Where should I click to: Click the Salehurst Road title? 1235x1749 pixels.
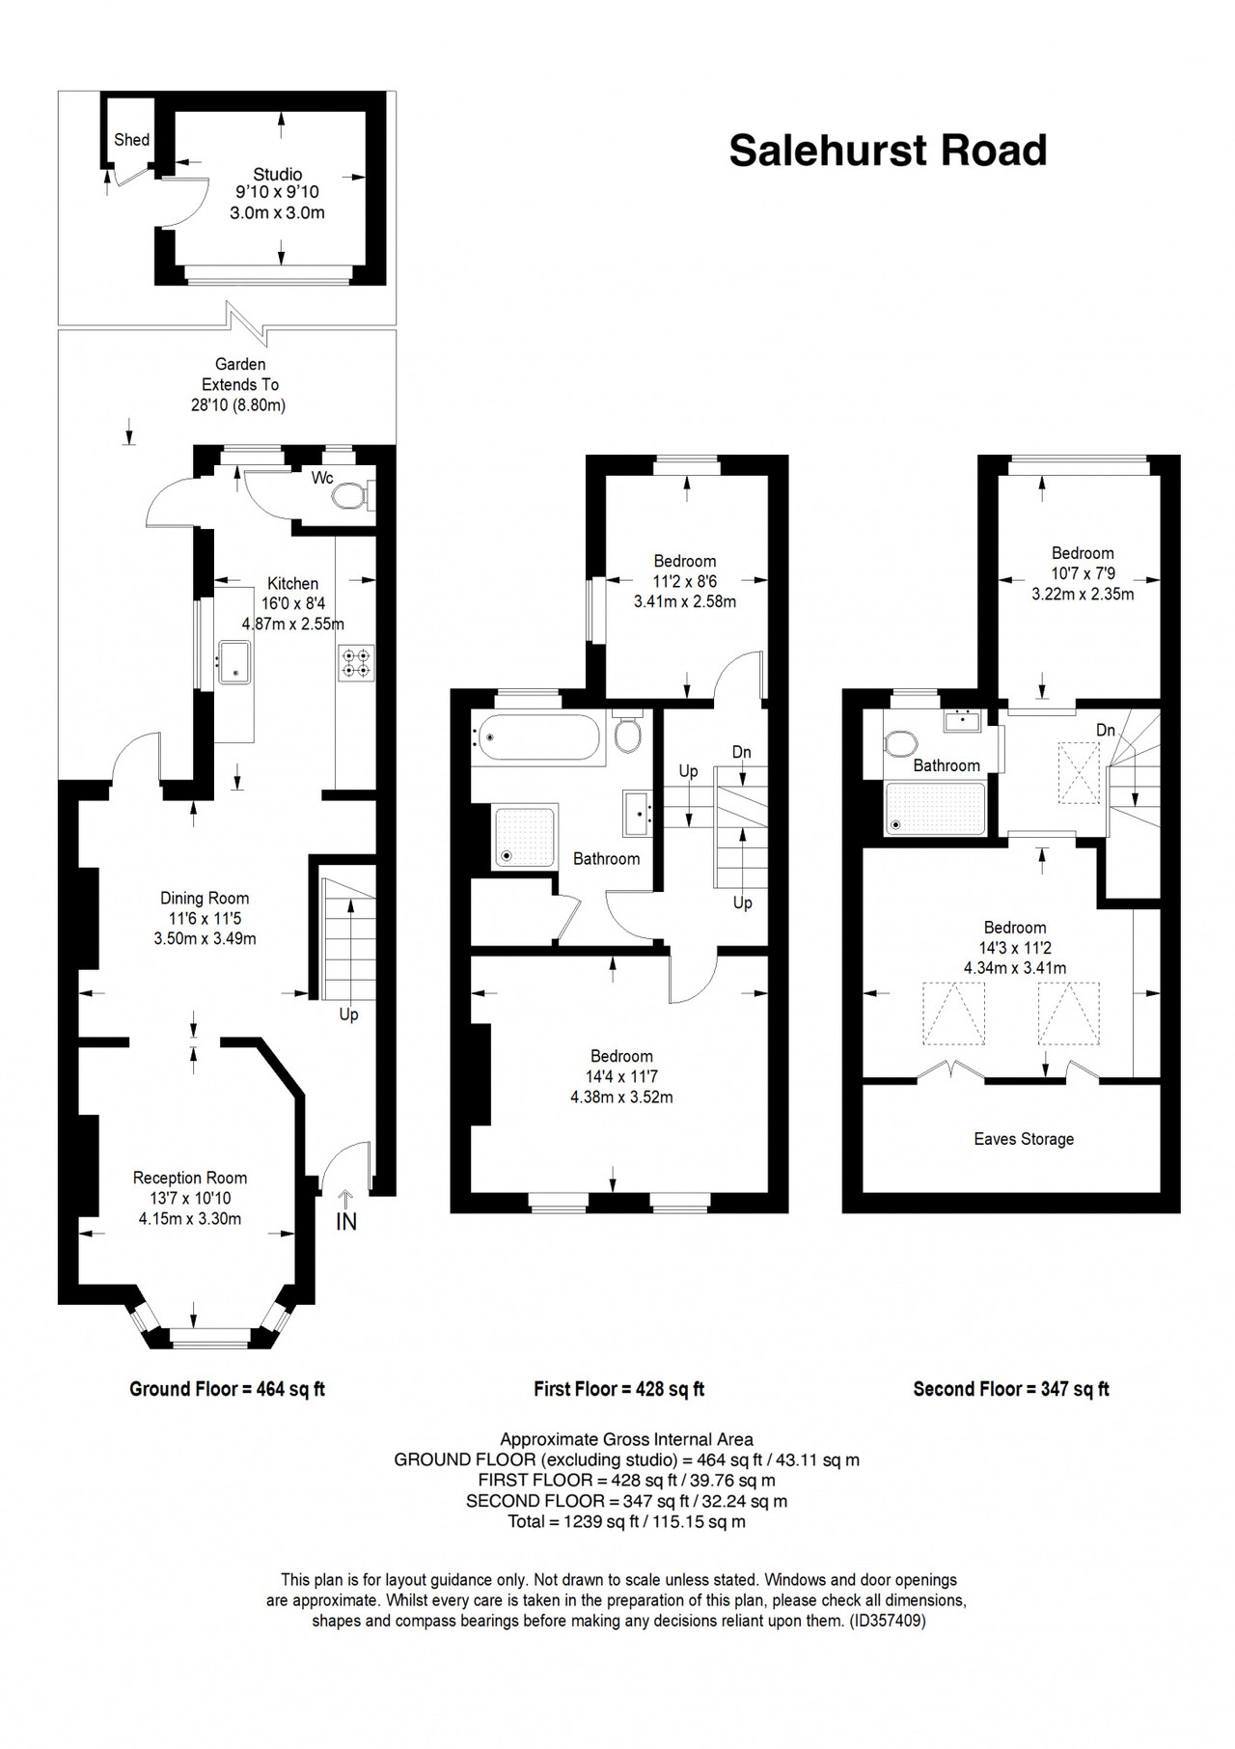coord(888,151)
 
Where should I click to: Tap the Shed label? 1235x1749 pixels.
coord(131,140)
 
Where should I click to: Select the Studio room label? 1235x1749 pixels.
coord(278,175)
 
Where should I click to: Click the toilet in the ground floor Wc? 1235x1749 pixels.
coord(349,496)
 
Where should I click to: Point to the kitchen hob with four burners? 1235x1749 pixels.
coord(356,663)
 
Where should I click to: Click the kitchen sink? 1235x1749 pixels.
coord(234,662)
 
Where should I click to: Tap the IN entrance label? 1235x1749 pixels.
coord(346,1221)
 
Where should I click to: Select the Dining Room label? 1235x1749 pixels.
coord(205,899)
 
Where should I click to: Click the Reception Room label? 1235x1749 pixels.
coord(190,1178)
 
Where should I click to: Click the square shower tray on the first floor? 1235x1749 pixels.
coord(525,837)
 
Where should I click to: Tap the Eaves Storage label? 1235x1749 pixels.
coord(1024,1139)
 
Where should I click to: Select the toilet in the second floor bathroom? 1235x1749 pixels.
coord(901,744)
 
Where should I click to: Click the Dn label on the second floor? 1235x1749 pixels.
coord(1106,731)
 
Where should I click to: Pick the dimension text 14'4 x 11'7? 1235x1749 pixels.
coord(622,1076)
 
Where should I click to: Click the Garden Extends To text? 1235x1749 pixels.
coord(240,375)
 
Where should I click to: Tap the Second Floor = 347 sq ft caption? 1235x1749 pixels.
coord(1011,1389)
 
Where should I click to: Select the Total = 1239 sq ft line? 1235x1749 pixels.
coord(627,1522)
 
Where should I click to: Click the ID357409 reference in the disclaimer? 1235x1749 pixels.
coord(888,1621)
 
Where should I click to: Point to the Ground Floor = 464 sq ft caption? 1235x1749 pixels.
coord(228,1389)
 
